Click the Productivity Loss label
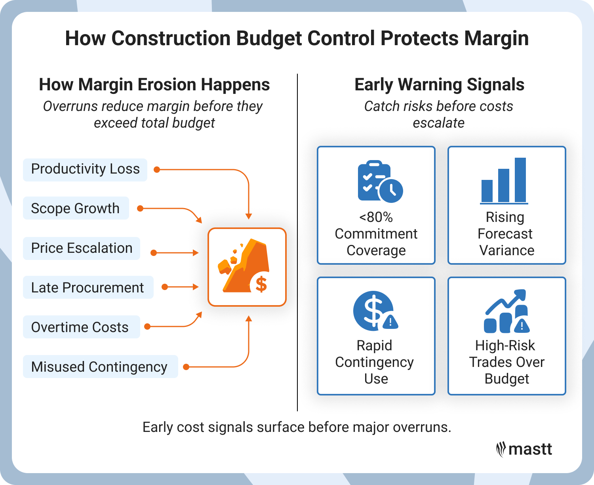(85, 169)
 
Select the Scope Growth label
(75, 208)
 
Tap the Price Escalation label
(82, 248)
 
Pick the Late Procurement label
(88, 288)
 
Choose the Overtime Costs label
(80, 327)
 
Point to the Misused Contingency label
(99, 367)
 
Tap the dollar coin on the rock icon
(261, 284)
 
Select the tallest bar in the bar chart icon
(520, 180)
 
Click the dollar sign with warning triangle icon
(375, 311)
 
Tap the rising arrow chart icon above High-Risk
(506, 311)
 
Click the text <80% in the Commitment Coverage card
(376, 218)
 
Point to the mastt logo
(524, 449)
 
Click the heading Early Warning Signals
(439, 85)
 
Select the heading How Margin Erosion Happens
(154, 85)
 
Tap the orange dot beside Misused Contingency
(186, 367)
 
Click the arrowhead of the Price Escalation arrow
(196, 253)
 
